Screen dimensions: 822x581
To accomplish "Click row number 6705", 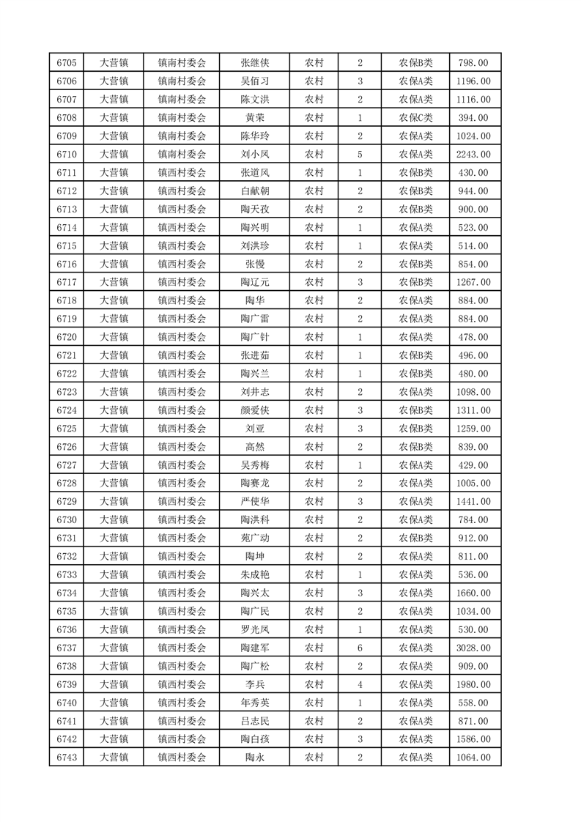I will click(x=67, y=63).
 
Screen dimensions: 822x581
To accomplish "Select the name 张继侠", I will click(x=254, y=63).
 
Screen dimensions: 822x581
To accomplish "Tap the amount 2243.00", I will click(x=473, y=155).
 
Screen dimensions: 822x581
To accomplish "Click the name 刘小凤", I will click(x=254, y=155).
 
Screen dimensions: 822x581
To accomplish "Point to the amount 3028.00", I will click(x=473, y=648).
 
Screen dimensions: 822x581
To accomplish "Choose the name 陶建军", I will click(x=254, y=648).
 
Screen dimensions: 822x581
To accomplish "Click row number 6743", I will click(x=67, y=758).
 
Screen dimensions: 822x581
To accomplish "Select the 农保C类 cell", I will click(x=415, y=118).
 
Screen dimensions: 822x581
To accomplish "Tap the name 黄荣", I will click(x=254, y=118).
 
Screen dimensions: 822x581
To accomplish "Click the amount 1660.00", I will click(x=473, y=593).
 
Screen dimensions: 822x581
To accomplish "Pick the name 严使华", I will click(x=254, y=501).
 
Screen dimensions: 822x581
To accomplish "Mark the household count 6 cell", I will click(x=360, y=648).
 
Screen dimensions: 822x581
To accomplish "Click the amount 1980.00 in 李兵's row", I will click(x=473, y=684).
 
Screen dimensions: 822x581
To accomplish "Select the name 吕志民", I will click(x=254, y=721).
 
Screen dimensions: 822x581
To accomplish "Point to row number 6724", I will click(x=67, y=410).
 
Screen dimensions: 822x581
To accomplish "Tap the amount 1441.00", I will click(x=473, y=501).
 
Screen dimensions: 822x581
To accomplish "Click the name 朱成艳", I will click(x=254, y=574).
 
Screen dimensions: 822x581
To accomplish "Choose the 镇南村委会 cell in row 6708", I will click(x=182, y=118).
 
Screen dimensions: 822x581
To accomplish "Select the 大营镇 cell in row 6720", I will click(x=114, y=337).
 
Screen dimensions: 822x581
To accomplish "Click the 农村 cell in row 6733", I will click(x=314, y=574).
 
